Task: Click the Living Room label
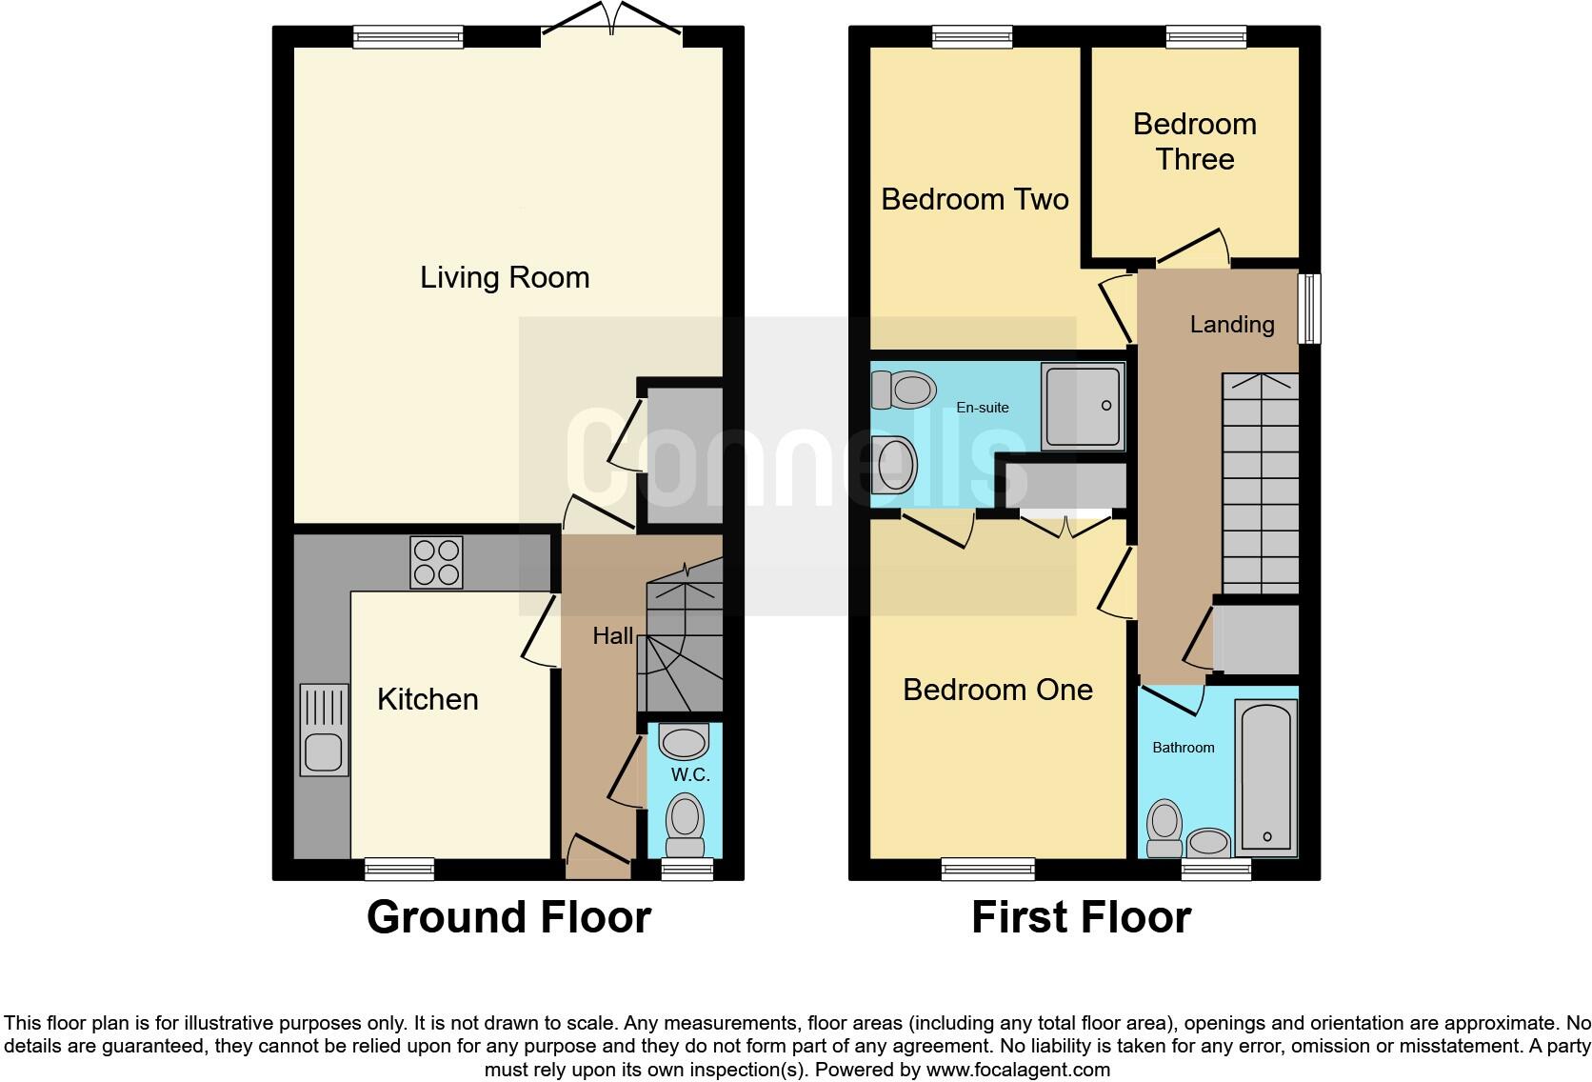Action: pyautogui.click(x=505, y=277)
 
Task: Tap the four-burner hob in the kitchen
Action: pyautogui.click(x=436, y=562)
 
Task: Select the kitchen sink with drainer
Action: pyautogui.click(x=324, y=730)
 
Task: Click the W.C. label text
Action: pyautogui.click(x=690, y=774)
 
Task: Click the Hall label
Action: pyautogui.click(x=612, y=635)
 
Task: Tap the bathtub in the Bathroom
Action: pyautogui.click(x=1266, y=775)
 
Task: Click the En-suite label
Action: pyautogui.click(x=983, y=408)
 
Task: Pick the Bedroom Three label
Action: pyautogui.click(x=1194, y=141)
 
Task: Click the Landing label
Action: pyautogui.click(x=1231, y=325)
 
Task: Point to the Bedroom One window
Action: pyautogui.click(x=987, y=868)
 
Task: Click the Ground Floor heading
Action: pyautogui.click(x=508, y=916)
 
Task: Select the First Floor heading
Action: pyautogui.click(x=1081, y=916)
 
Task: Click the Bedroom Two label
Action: pyautogui.click(x=974, y=199)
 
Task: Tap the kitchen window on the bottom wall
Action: pyautogui.click(x=400, y=868)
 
